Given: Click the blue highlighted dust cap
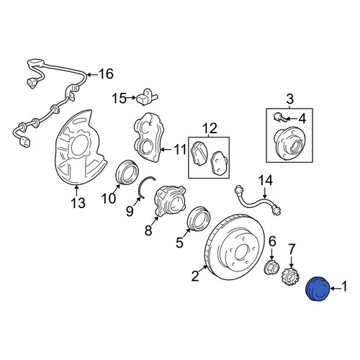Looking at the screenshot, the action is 318,289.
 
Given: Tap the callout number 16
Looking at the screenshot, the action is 106,74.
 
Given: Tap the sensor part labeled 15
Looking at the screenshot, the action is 146,99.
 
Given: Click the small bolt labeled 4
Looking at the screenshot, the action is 279,117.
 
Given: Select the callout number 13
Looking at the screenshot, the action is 78,203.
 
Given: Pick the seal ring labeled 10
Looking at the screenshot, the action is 127,172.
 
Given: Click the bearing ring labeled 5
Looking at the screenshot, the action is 199,217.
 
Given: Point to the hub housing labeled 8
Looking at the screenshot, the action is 170,199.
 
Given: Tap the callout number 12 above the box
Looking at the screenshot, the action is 210,128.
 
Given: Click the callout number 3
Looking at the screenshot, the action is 289,99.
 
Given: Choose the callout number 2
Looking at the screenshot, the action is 195,275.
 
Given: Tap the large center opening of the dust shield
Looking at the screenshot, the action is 79,145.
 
